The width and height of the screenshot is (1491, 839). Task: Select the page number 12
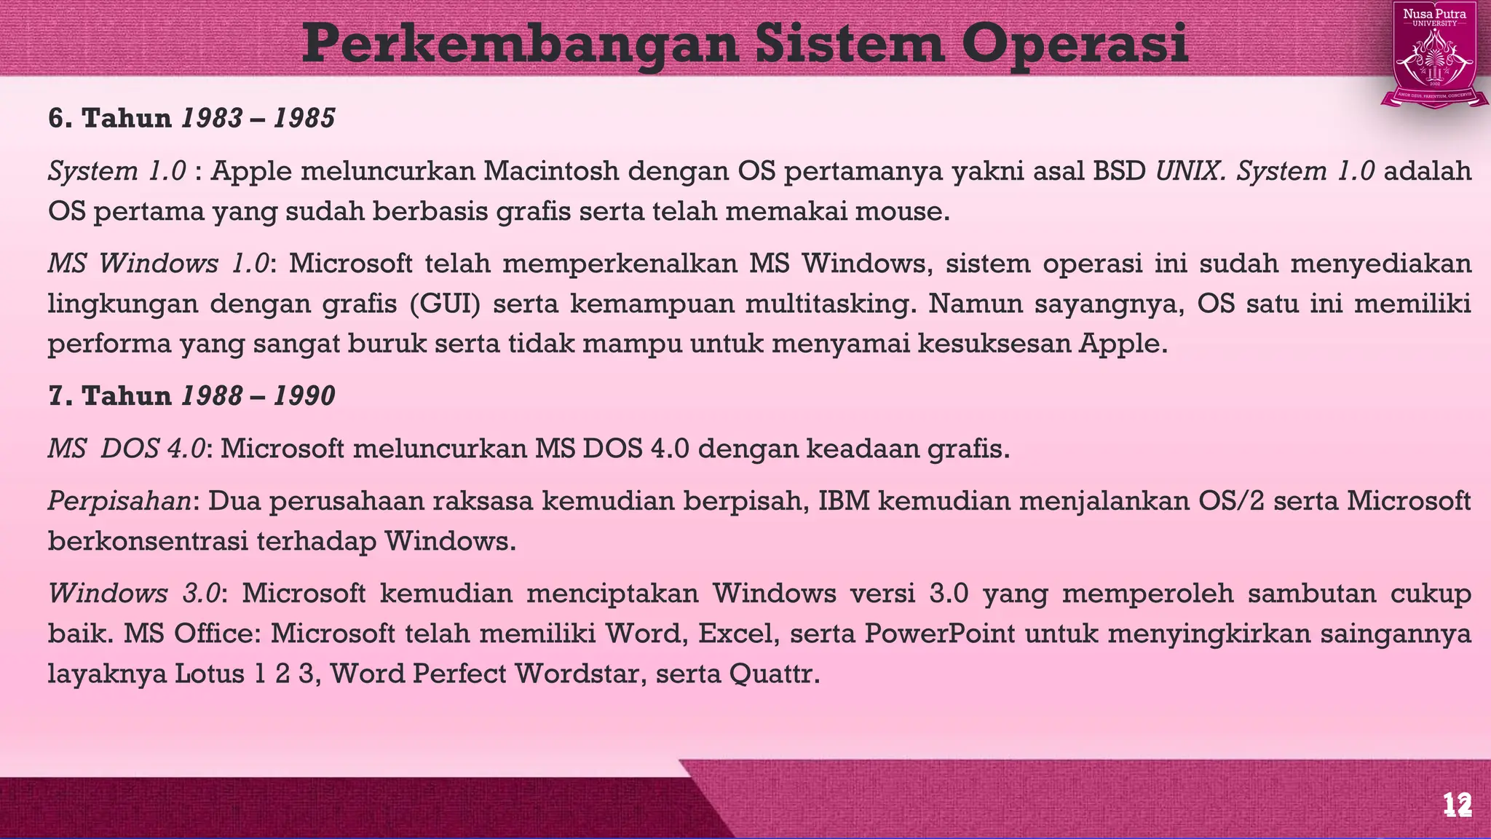1458,805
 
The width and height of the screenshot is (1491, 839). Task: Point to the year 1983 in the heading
212,118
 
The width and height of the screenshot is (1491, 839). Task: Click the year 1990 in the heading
304,395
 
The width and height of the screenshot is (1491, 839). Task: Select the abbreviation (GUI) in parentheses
446,304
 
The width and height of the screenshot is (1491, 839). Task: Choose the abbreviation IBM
845,501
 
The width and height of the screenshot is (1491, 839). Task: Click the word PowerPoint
940,634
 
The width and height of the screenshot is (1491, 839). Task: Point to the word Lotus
209,674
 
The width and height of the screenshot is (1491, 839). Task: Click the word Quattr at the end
774,674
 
